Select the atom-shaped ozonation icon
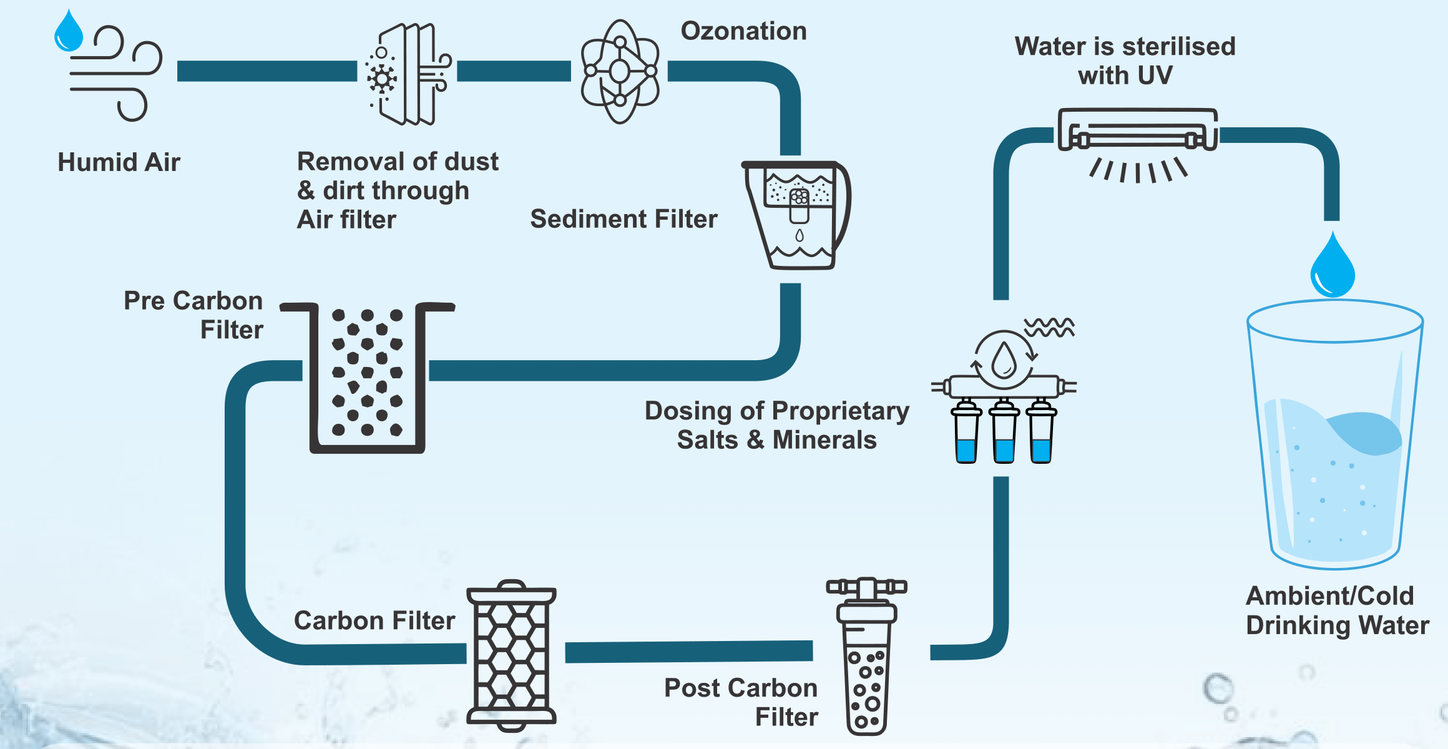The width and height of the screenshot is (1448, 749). click(x=619, y=72)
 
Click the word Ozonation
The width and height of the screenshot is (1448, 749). click(x=743, y=31)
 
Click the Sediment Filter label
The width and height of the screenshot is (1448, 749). click(x=624, y=219)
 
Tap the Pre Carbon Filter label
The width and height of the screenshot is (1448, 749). click(x=193, y=315)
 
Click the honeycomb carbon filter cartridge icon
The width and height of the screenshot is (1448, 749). click(x=511, y=655)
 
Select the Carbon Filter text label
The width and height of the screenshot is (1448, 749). click(x=374, y=621)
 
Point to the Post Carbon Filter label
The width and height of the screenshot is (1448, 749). click(x=741, y=702)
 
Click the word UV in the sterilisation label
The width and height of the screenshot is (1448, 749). click(x=1156, y=76)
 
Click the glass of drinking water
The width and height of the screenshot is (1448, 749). click(x=1335, y=437)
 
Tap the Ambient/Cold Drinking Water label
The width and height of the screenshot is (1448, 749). click(x=1337, y=610)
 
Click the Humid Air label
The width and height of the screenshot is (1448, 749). click(x=119, y=162)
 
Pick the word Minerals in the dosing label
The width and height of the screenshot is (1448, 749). click(x=824, y=440)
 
